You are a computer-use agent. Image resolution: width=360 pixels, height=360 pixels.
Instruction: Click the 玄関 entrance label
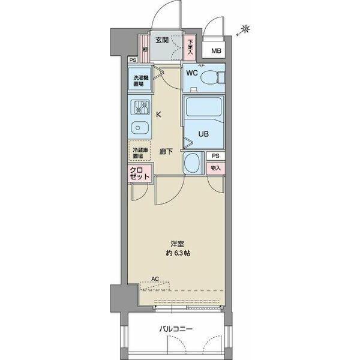pyautogui.click(x=162, y=41)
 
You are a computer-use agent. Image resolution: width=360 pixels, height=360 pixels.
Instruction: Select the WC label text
pyautogui.click(x=191, y=73)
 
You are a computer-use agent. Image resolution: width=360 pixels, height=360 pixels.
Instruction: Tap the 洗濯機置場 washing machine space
pyautogui.click(x=139, y=81)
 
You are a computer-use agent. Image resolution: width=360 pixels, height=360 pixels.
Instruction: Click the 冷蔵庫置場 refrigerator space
pyautogui.click(x=139, y=152)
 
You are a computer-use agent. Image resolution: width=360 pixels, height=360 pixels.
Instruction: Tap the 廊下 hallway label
pyautogui.click(x=166, y=152)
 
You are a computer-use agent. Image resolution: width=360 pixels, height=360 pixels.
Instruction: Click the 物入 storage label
pyautogui.click(x=215, y=168)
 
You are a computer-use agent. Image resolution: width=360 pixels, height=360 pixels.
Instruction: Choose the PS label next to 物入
pyautogui.click(x=215, y=156)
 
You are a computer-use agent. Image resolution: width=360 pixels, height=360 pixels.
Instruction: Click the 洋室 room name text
pyautogui.click(x=177, y=244)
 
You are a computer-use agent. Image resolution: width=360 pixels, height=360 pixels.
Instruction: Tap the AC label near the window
pyautogui.click(x=155, y=278)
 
